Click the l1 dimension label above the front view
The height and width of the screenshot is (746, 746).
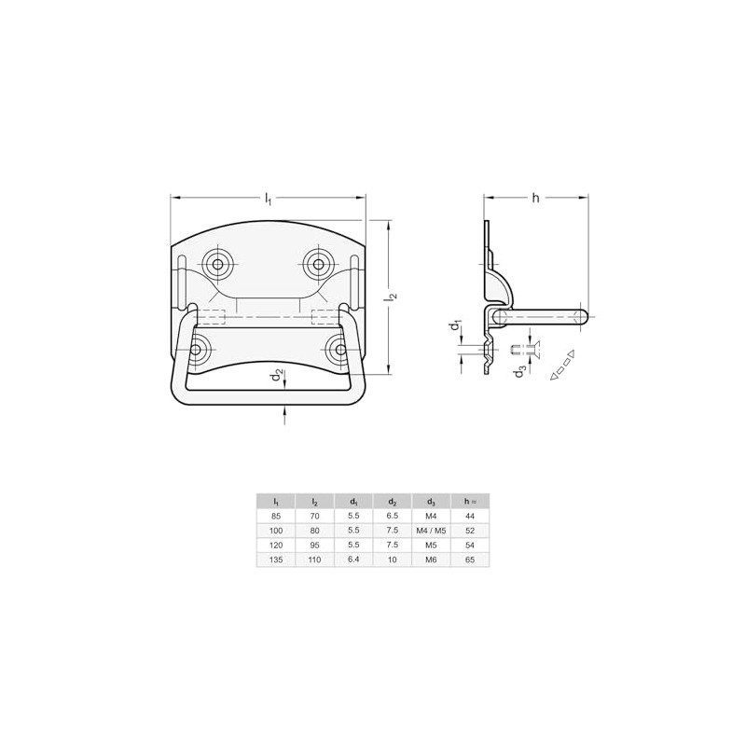(x=269, y=199)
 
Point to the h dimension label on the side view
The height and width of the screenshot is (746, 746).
(x=535, y=198)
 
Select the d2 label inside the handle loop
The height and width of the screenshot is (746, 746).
(x=277, y=376)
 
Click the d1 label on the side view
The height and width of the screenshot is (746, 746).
(x=456, y=326)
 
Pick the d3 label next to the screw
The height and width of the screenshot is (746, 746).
(x=520, y=371)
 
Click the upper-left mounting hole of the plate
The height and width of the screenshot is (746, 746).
(x=217, y=265)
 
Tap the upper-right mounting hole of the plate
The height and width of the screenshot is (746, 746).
(x=318, y=265)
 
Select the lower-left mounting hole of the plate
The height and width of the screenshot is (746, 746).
(x=196, y=350)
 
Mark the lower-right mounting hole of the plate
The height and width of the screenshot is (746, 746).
(x=340, y=350)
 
